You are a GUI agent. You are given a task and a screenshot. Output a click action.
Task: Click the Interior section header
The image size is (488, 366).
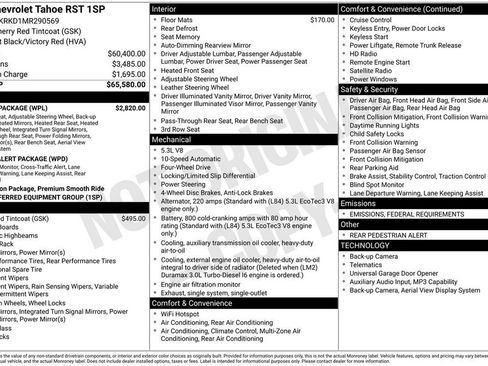[166, 8]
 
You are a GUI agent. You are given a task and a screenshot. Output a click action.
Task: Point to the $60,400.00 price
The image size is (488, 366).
[127, 52]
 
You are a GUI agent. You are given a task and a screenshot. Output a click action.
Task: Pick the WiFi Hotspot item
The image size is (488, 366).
[180, 315]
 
